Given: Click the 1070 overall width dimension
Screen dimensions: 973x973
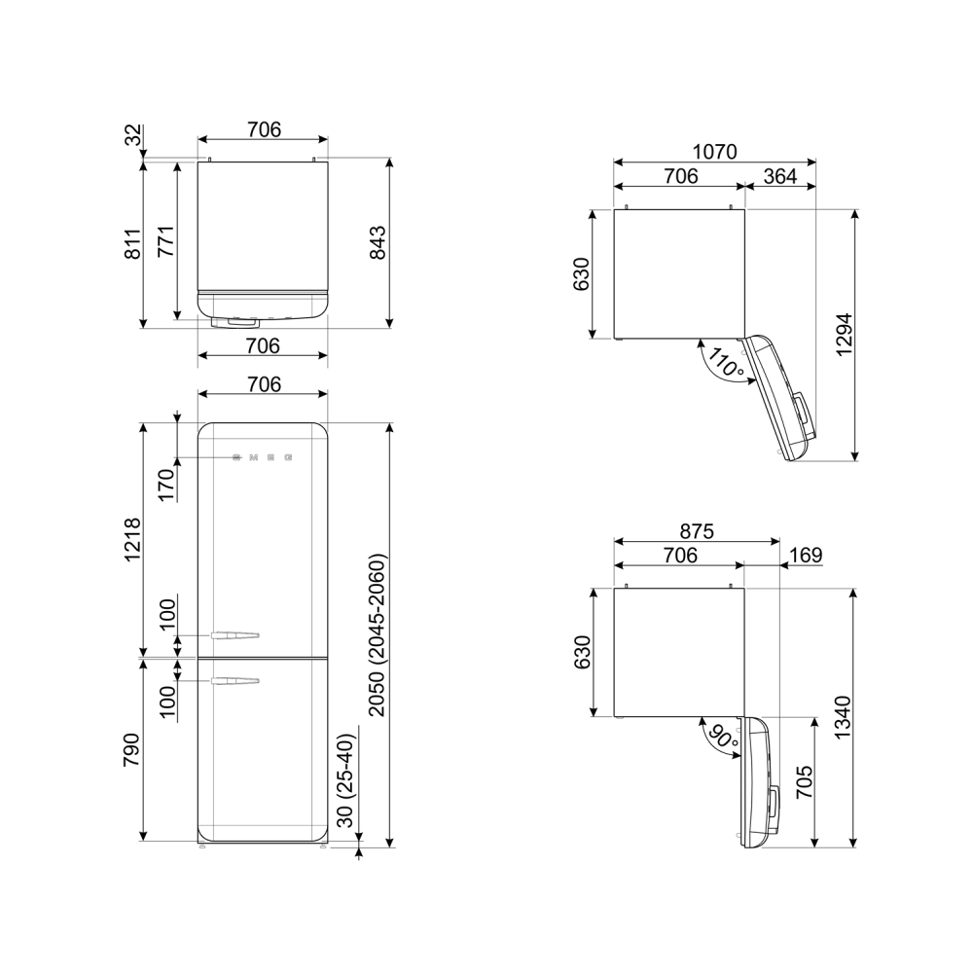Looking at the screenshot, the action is point(715,152).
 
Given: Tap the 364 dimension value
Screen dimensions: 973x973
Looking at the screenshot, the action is point(780,176).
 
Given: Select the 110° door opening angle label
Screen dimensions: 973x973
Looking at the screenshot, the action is point(726,363).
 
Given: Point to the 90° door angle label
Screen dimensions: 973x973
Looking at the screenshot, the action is point(723,737).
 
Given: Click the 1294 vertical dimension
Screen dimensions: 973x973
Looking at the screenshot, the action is point(845,335).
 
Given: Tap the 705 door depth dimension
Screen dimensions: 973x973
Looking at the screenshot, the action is point(804,782).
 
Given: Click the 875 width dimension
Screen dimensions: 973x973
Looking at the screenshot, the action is point(697,531).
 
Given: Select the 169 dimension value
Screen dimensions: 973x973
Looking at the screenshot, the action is point(806,555).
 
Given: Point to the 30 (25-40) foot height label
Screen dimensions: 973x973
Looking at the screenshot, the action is point(345,780).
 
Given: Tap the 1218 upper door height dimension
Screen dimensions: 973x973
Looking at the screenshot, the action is point(132,539).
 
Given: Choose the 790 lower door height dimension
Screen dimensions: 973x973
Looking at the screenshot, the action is point(131,749).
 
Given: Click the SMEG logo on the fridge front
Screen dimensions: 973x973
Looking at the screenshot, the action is point(263,458).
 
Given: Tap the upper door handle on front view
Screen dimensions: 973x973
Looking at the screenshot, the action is point(234,635).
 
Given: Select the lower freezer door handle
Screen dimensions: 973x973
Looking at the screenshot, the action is point(234,681).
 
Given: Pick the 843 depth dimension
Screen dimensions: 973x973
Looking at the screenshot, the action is point(377,242).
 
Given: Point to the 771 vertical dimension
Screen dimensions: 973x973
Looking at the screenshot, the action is point(166,241).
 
